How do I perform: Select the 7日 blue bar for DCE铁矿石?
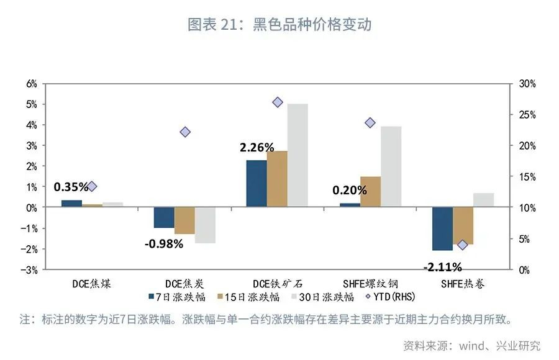(257, 183)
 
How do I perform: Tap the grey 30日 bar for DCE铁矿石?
(298, 155)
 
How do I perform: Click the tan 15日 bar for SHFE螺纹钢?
(370, 191)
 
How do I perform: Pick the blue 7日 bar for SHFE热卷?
(442, 228)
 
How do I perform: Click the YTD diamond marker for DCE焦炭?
(185, 132)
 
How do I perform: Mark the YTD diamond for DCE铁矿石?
(278, 102)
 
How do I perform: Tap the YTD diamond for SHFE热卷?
(461, 245)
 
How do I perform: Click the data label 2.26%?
(257, 148)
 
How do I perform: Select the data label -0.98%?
(164, 244)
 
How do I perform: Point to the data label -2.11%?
(442, 268)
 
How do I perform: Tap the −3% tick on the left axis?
(30, 270)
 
